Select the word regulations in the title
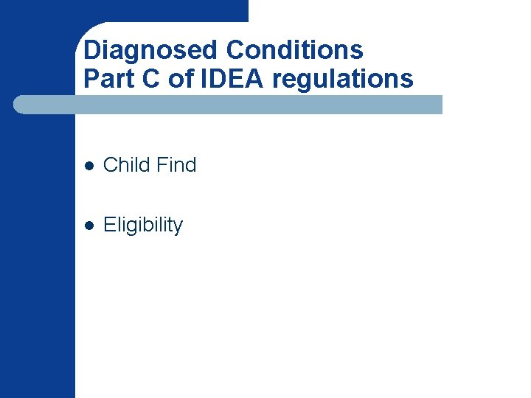tap(342, 78)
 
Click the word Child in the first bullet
tap(126, 165)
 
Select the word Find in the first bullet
tap(176, 165)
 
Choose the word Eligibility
tap(143, 226)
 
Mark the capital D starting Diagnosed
tap(92, 50)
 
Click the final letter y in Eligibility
tap(178, 228)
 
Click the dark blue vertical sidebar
tap(37, 258)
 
